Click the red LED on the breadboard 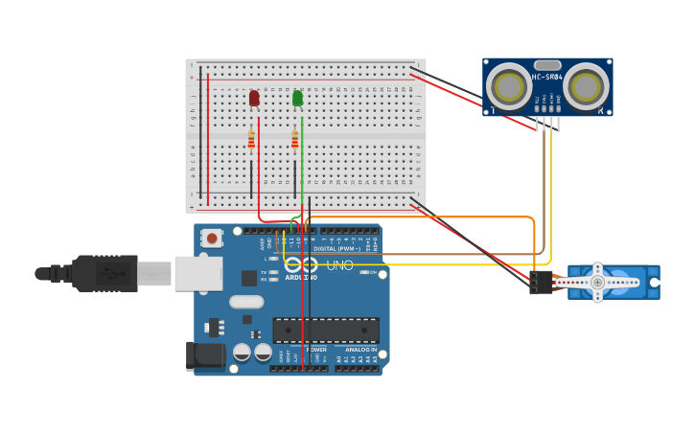[254, 98]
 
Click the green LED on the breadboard [297, 98]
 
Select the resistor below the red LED [251, 141]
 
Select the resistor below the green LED [294, 141]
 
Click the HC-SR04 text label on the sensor [546, 77]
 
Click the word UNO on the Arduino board [340, 265]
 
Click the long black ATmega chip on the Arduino [325, 331]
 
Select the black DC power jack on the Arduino [210, 355]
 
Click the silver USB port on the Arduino [198, 273]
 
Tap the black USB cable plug [105, 273]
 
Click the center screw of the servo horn [597, 283]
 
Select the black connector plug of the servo [541, 282]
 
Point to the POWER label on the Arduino [315, 350]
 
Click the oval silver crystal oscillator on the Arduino [246, 302]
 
